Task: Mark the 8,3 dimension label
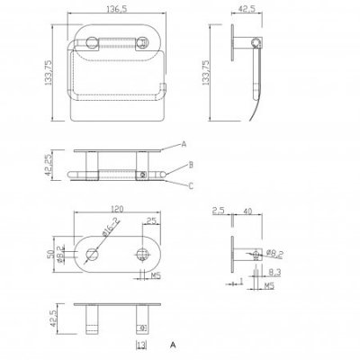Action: [x=271, y=271]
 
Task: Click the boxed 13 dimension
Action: [x=140, y=345]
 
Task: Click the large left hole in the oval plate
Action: [x=94, y=252]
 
